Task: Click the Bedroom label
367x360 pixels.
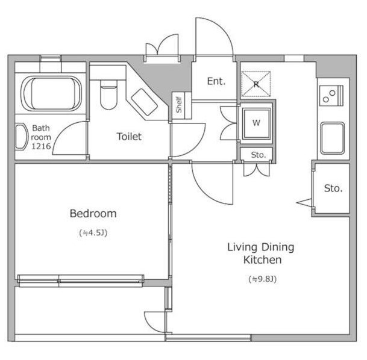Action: tap(93, 214)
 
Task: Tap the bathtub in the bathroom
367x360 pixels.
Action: tap(51, 93)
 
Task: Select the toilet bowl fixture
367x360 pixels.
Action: tap(108, 95)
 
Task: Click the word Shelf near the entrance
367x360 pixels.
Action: tap(179, 105)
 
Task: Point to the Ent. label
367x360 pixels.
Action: tap(216, 81)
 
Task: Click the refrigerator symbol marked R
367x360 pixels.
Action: tap(256, 84)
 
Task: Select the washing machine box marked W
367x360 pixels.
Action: tap(256, 123)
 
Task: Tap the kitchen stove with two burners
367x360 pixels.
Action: tap(331, 96)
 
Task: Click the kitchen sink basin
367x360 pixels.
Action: tap(333, 138)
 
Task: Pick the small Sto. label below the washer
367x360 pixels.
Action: tap(259, 155)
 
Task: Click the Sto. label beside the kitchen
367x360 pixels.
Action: tap(333, 188)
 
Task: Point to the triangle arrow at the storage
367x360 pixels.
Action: tap(304, 203)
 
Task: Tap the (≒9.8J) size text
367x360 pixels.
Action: tap(263, 279)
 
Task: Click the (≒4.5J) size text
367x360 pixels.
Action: tap(93, 232)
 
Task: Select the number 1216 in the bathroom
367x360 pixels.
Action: tap(41, 146)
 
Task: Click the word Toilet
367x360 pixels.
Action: tap(129, 137)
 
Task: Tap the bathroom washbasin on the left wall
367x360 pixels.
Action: tap(21, 137)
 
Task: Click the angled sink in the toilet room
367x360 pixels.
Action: tap(144, 102)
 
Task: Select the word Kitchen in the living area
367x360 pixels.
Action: tap(262, 260)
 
